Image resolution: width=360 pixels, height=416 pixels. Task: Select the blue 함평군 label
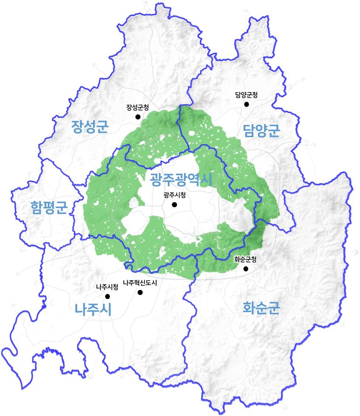point(49,208)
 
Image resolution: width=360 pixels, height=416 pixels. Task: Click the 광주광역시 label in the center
point(180,180)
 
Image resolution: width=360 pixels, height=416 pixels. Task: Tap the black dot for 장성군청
point(138,117)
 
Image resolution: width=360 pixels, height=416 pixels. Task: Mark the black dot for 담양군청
point(246,104)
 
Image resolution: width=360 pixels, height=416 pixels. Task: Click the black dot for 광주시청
point(174,205)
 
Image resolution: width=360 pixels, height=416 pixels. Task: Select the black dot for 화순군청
point(246,269)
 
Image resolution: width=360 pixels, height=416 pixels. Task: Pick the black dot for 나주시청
point(107,296)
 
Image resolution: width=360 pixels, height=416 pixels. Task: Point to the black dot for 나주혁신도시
point(140,292)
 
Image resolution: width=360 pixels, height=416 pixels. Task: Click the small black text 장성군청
point(138,108)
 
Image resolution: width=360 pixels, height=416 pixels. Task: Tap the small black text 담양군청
point(246,95)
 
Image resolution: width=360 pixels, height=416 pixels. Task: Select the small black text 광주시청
point(174,195)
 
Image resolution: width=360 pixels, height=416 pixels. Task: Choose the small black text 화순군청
point(245,259)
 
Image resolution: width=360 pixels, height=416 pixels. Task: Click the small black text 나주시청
point(107,287)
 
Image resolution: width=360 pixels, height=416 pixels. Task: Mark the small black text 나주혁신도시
point(140,283)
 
